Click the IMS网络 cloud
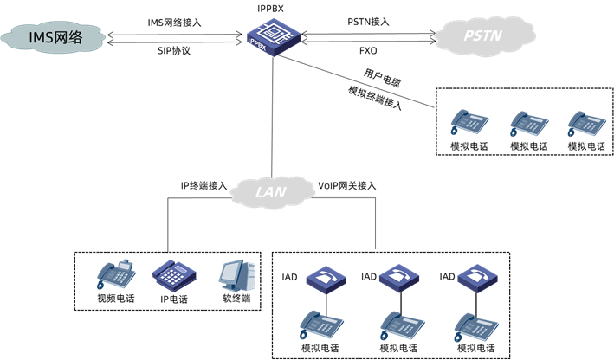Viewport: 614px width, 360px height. (52, 37)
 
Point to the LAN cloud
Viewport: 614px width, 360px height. (271, 191)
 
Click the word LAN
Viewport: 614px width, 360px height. (271, 191)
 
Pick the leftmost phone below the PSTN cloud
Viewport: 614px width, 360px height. (469, 123)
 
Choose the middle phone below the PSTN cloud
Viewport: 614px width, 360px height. (528, 124)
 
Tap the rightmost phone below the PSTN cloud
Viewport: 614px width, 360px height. (586, 124)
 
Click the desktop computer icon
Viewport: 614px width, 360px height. (236, 275)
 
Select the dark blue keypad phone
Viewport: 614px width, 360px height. (174, 274)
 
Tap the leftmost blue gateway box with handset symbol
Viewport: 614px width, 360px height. (326, 278)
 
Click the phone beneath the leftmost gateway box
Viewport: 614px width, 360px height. (321, 325)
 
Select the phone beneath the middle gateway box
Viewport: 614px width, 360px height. (402, 325)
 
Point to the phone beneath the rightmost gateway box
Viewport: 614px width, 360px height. (476, 325)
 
